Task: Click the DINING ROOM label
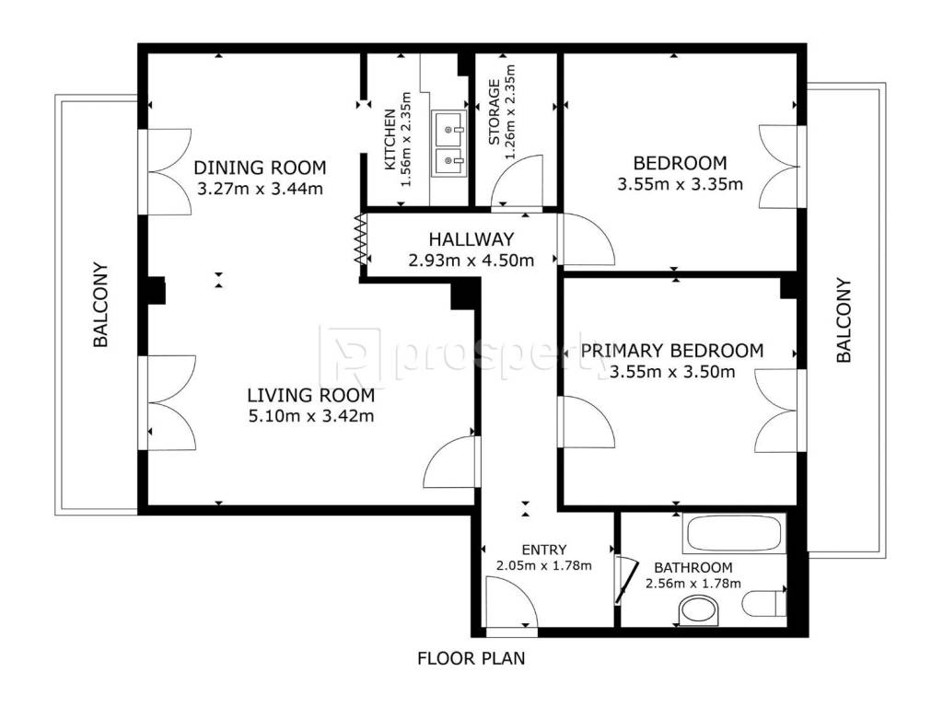260,168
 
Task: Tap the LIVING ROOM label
311,395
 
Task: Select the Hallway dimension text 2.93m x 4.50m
471,261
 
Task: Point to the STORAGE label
495,112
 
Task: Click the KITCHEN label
390,139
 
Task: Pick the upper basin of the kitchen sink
448,129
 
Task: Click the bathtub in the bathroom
734,533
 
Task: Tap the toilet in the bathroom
764,603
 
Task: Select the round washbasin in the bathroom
699,611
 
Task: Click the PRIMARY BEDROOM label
671,351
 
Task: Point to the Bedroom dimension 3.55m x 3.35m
681,184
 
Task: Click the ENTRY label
543,550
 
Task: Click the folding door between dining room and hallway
360,239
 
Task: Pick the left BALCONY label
100,305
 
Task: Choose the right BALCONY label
844,319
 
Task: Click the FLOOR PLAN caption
471,658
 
